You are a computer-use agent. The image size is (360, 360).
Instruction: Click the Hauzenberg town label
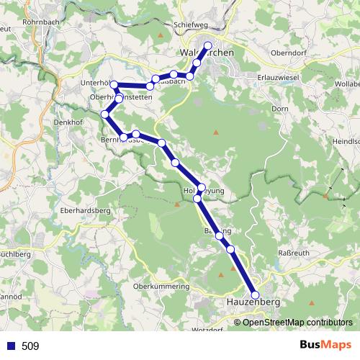[x=251, y=303]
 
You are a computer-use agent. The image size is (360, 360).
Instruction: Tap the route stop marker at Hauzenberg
[x=255, y=294]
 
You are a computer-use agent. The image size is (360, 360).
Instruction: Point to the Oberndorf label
[x=289, y=53]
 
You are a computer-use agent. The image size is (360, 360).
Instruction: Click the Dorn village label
[x=280, y=109]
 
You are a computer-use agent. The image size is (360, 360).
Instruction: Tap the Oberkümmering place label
[x=161, y=287]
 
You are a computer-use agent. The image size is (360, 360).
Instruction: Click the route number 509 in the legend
[x=30, y=346]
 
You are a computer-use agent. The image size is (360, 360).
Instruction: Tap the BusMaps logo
[x=324, y=346]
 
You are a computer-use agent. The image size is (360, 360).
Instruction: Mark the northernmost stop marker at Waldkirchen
[x=209, y=46]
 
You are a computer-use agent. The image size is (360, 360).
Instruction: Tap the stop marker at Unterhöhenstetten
[x=114, y=85]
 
